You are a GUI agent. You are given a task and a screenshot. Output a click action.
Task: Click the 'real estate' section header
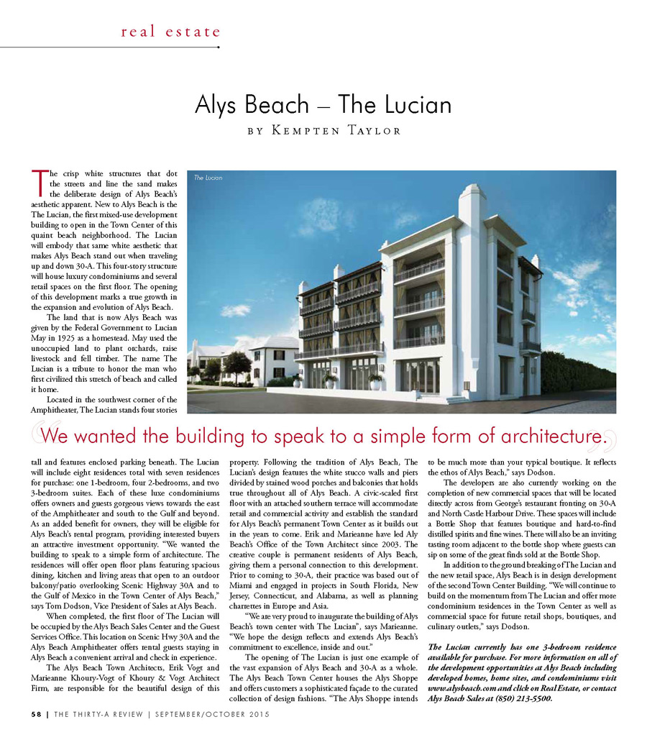click(170, 32)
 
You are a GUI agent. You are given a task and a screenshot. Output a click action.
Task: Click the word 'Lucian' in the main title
click(416, 105)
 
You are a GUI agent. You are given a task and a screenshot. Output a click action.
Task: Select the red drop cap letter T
click(39, 182)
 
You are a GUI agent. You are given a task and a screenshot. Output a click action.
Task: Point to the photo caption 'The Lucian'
click(208, 178)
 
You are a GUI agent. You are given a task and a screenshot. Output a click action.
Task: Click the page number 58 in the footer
click(36, 714)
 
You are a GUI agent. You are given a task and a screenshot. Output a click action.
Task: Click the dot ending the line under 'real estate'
click(218, 47)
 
